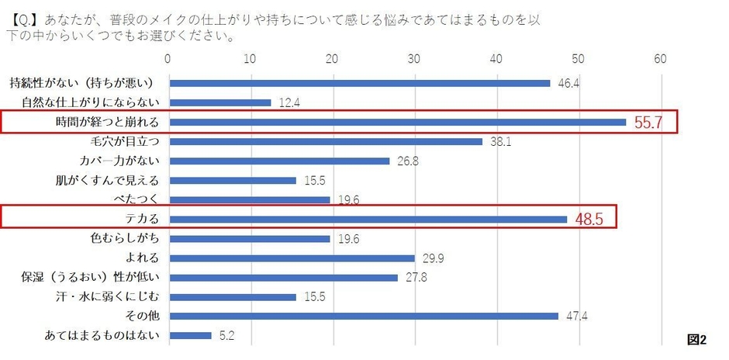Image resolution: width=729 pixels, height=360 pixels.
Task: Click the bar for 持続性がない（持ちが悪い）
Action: pos(359,83)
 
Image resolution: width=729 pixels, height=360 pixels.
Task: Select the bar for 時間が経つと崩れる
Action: pos(397,122)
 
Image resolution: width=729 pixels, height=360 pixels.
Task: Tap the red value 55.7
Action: pos(647,123)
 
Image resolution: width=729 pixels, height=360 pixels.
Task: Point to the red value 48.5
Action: pos(589,220)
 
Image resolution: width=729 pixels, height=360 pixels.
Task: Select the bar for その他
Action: pos(363,316)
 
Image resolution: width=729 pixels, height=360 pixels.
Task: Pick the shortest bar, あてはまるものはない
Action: pos(190,335)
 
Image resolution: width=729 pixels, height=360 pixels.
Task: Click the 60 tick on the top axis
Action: pos(661,59)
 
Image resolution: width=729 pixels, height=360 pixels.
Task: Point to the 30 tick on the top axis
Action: pos(414,59)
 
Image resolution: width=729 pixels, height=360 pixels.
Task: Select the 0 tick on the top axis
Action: pos(168,59)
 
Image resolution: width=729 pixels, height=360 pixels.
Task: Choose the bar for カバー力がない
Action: pos(279,161)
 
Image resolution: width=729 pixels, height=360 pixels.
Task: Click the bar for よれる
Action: pos(292,258)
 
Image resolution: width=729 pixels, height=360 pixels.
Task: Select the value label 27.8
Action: pos(411,278)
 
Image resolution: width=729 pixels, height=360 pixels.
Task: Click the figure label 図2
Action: pos(696,339)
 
